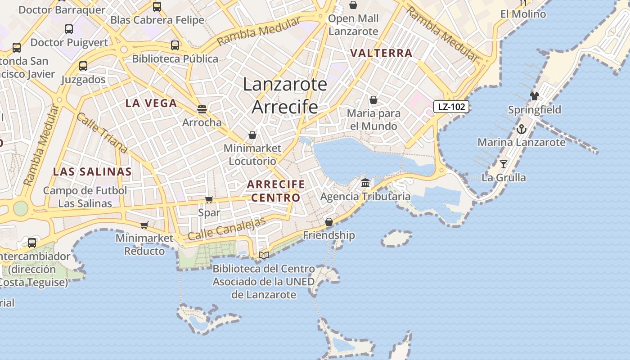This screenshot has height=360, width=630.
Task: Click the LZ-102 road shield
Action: [451, 107]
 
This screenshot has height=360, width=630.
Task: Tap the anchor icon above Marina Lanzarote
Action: [521, 129]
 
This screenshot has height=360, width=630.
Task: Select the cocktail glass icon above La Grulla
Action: [504, 164]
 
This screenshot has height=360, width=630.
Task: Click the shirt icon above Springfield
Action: [534, 96]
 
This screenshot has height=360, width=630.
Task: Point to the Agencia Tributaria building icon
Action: [365, 183]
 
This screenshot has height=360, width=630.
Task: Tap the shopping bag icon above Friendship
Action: [329, 222]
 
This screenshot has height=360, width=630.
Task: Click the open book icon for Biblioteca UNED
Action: [264, 255]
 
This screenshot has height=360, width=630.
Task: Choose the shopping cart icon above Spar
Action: [209, 199]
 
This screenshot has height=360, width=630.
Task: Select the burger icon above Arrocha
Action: [202, 109]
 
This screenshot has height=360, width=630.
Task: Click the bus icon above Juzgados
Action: [83, 66]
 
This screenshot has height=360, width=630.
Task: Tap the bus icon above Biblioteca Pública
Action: [175, 45]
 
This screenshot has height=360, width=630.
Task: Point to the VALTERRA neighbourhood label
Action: [381, 53]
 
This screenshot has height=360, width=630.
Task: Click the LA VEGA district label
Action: [151, 103]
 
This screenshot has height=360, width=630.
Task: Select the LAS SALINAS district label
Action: [92, 171]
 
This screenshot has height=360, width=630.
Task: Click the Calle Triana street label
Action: [102, 133]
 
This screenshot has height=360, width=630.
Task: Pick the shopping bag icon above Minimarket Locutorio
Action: [252, 135]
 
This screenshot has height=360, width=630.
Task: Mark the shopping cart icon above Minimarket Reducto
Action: [144, 225]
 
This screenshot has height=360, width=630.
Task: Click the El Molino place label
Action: [523, 14]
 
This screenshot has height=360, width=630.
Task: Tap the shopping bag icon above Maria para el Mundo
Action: [373, 99]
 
